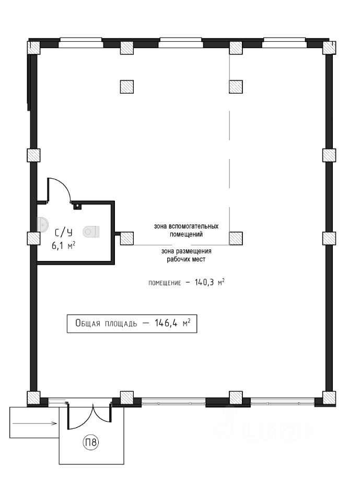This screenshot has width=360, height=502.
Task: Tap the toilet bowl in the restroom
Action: [93, 231]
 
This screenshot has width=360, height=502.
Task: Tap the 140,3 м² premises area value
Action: [205, 283]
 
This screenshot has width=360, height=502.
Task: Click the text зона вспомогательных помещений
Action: [185, 230]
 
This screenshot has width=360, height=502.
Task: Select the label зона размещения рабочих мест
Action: [185, 255]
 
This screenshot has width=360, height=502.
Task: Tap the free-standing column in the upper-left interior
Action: [127, 86]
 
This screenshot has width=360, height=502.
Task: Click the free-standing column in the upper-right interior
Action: [236, 86]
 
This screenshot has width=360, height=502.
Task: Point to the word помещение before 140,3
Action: [164, 283]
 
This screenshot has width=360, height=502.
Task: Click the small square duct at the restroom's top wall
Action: [78, 206]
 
